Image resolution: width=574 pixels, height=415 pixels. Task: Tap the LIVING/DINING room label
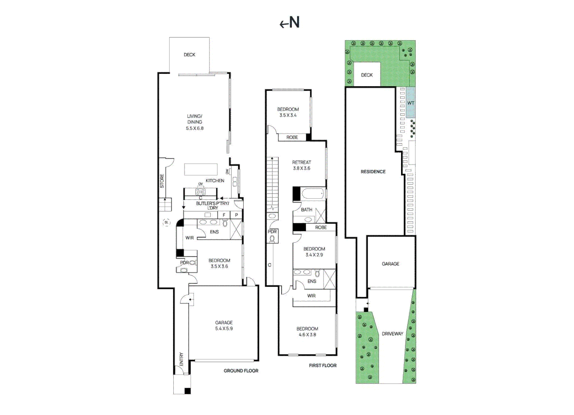195,122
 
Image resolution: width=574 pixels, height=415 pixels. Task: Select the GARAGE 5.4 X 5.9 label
224,325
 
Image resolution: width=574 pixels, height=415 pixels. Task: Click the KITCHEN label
215,181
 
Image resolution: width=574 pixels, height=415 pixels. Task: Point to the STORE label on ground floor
162,181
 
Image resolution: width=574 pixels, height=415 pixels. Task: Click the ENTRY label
181,359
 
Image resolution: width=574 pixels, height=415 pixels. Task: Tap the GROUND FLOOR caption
241,371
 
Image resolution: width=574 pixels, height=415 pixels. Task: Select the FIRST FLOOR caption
323,365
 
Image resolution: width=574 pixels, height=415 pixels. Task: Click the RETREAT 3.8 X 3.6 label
302,165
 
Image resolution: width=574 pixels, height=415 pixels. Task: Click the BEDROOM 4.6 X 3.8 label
307,332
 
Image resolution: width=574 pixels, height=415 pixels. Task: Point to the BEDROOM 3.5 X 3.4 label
288,112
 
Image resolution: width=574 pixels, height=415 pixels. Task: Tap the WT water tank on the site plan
411,103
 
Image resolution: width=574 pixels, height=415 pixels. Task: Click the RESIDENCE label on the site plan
373,172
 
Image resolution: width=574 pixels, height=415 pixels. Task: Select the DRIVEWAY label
393,334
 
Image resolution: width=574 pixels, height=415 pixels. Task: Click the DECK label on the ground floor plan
189,55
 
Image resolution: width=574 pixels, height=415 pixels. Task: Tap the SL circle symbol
166,222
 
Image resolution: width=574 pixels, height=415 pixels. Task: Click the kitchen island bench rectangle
201,169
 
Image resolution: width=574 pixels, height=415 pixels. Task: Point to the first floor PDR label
272,232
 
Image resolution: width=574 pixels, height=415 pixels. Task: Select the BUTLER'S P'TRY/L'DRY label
212,205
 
